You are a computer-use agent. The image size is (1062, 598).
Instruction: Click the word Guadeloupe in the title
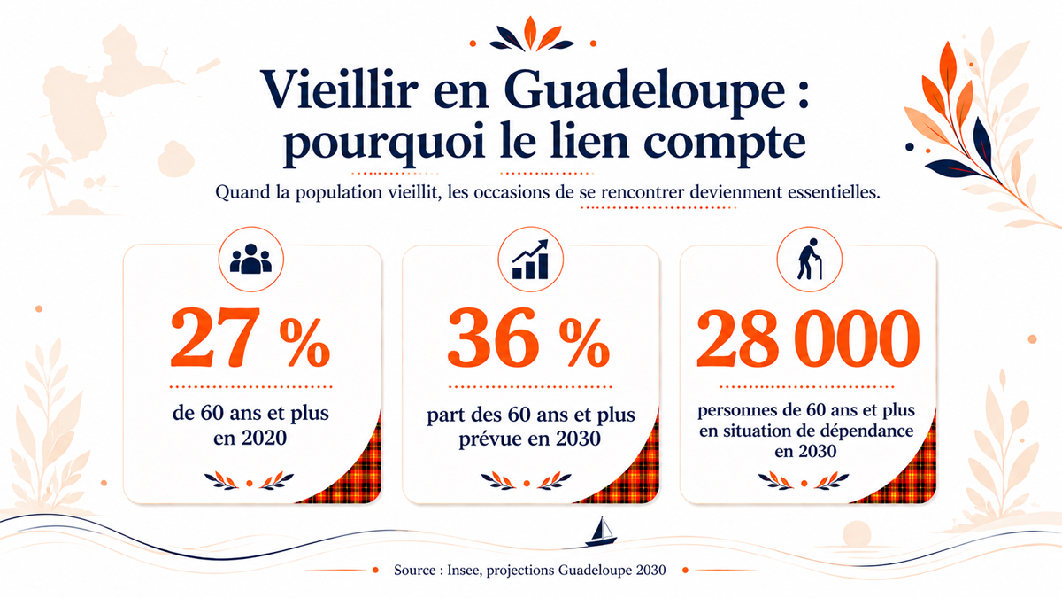tap(645, 92)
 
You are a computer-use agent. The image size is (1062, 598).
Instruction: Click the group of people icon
tap(250, 259)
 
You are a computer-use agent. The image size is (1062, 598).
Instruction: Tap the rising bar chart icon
tap(530, 259)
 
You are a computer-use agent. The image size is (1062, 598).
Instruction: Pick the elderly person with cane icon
tap(809, 259)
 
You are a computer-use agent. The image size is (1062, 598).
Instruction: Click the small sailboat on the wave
tap(601, 532)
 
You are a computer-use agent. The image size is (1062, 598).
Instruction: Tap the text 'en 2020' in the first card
tap(250, 438)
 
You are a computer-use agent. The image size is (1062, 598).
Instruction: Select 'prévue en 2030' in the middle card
tap(529, 439)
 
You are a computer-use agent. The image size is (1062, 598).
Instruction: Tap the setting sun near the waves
tap(857, 534)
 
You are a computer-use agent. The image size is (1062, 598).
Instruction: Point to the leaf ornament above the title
tap(531, 35)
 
